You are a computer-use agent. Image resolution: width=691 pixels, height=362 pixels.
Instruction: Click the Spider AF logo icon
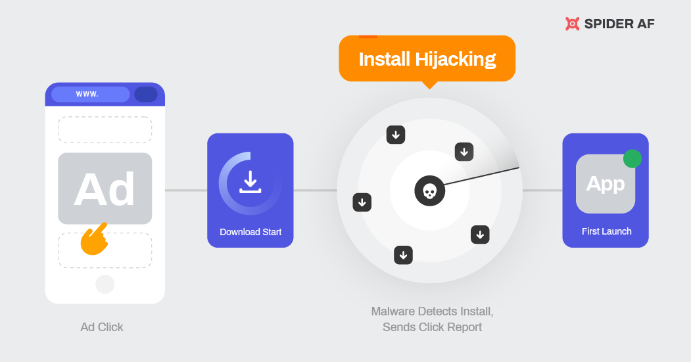point(572,24)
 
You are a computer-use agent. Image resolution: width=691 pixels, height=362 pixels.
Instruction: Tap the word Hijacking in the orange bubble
point(456,59)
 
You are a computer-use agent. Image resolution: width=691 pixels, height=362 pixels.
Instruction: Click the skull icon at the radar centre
point(429,191)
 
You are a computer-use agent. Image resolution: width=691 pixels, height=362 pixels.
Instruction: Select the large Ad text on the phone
point(105,189)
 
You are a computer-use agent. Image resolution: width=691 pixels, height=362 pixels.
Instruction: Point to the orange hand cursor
point(93,239)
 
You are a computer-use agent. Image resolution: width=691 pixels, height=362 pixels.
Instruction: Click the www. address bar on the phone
point(90,94)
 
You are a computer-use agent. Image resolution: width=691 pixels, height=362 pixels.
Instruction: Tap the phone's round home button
point(105,284)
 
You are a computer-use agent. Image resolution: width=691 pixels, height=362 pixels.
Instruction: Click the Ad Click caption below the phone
point(102,327)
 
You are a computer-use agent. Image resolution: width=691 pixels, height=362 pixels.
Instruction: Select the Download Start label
point(250,232)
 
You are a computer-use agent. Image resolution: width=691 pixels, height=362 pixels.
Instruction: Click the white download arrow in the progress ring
point(250,181)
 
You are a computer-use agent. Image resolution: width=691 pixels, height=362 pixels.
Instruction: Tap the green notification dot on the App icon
point(632,158)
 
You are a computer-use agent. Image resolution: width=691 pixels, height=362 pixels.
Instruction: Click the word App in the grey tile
point(605,184)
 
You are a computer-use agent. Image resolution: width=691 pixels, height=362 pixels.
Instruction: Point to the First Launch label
point(606,231)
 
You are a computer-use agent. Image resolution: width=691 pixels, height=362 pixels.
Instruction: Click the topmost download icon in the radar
point(396,135)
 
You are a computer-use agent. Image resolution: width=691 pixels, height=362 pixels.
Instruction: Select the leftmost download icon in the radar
point(362,202)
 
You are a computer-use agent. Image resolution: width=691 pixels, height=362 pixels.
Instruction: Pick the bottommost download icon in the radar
point(403,254)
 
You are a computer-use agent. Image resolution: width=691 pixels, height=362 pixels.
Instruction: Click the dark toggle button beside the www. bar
point(145,94)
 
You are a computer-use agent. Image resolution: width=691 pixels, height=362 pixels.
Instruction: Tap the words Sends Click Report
point(432,327)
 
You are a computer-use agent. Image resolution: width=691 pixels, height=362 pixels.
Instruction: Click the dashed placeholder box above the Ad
point(105,129)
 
